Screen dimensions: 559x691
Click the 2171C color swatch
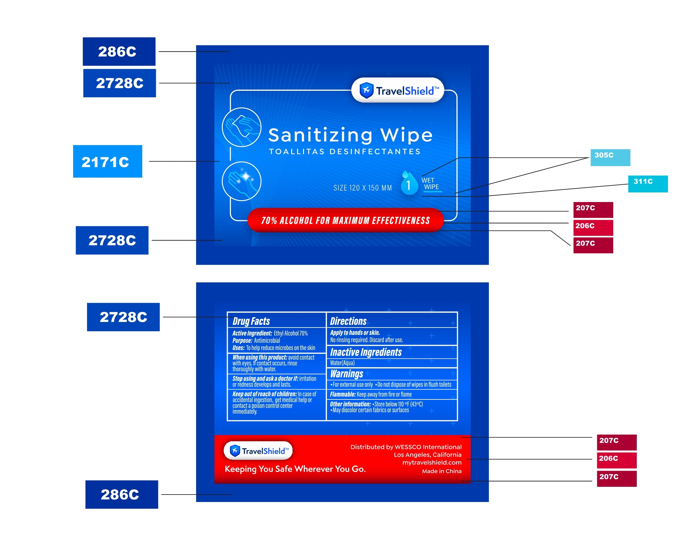(x=107, y=161)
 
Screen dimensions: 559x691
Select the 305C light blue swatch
(x=610, y=157)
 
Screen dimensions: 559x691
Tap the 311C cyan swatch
(x=648, y=184)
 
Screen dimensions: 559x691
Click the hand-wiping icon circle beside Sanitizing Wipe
(x=241, y=127)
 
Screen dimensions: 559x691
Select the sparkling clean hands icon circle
(x=241, y=181)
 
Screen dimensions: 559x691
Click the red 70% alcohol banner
(x=345, y=220)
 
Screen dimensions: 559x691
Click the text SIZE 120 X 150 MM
(x=363, y=188)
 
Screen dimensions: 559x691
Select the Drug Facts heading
(x=251, y=321)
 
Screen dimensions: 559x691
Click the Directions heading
(x=348, y=321)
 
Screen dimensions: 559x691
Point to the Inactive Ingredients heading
(x=366, y=352)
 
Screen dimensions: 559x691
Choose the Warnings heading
(x=346, y=373)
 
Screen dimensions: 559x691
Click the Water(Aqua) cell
(x=342, y=363)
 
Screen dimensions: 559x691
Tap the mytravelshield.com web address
(x=431, y=462)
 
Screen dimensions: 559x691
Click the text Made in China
(x=442, y=471)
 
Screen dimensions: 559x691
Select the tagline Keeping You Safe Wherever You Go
(x=295, y=469)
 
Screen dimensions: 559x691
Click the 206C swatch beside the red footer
(x=616, y=460)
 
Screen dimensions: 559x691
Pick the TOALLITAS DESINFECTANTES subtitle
(x=345, y=152)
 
